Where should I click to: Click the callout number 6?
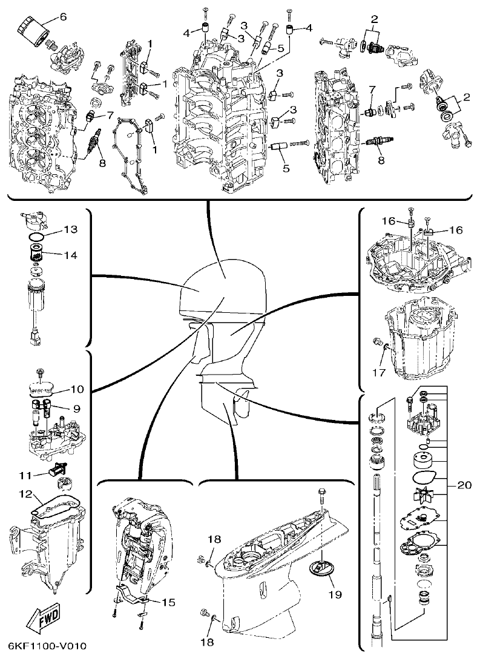63,16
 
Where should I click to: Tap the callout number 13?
71,229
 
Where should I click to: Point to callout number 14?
71,255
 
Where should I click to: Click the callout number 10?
77,388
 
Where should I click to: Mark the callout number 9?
77,408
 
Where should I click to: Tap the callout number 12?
25,494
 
